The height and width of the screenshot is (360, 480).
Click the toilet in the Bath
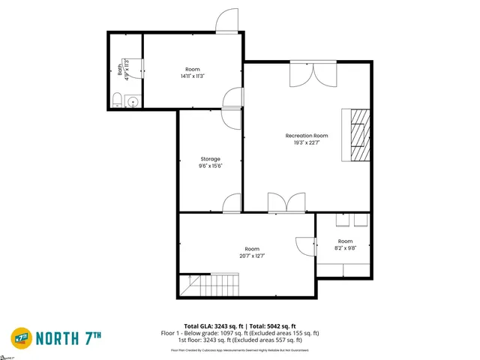tap(117, 100)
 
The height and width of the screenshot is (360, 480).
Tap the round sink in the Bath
tap(133, 101)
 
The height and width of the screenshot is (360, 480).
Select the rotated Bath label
tap(120, 69)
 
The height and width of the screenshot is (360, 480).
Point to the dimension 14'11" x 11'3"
tap(192, 76)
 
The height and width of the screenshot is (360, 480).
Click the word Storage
tap(210, 159)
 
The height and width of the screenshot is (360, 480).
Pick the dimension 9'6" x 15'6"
tap(210, 166)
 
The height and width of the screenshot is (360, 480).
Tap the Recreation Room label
tap(307, 136)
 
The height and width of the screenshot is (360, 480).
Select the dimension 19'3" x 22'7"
tap(307, 142)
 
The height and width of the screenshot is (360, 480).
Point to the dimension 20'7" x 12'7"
tap(252, 256)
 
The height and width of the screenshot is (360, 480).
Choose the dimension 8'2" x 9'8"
tap(344, 248)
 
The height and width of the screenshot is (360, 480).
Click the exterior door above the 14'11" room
tap(226, 22)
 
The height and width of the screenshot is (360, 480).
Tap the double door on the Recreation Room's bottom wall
tap(286, 202)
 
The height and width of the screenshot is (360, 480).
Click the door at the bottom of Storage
tap(232, 203)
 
